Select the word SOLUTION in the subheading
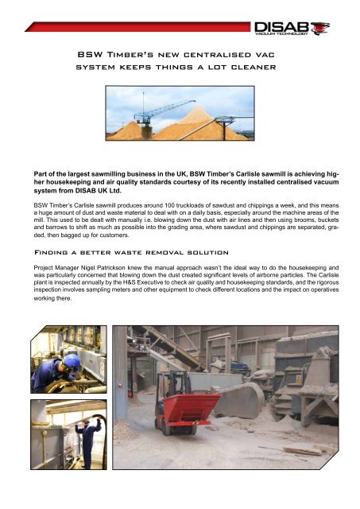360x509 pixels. tap(223, 249)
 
